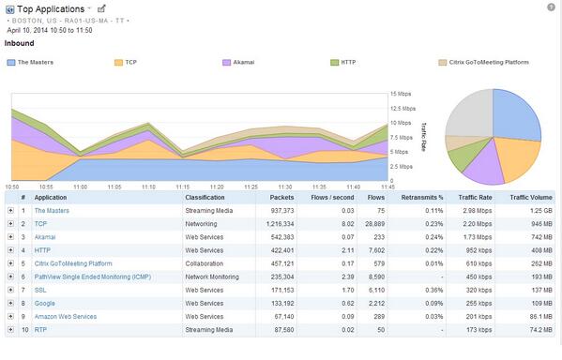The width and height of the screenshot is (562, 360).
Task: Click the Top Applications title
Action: [x=51, y=8]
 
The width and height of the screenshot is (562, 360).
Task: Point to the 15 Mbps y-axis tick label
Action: [x=401, y=94]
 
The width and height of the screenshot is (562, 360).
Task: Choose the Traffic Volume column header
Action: [x=532, y=198]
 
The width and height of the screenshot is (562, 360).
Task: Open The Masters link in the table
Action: [x=58, y=211]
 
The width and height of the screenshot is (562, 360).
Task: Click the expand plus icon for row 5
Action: [x=10, y=264]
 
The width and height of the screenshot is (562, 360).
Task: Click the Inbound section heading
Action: [x=21, y=42]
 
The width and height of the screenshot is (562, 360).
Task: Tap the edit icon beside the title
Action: [x=101, y=8]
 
